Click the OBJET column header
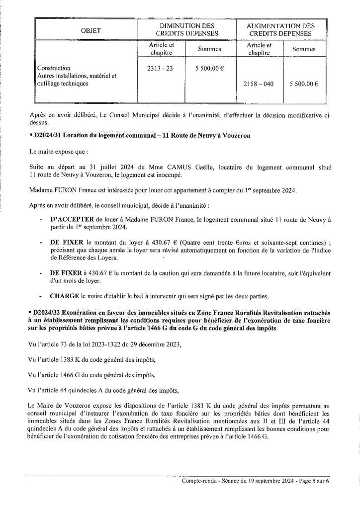click(x=91, y=31)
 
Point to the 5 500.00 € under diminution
click(x=209, y=68)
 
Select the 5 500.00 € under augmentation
click(x=304, y=85)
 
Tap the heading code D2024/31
click(x=50, y=135)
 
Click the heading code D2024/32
click(x=50, y=312)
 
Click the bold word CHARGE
click(x=65, y=297)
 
